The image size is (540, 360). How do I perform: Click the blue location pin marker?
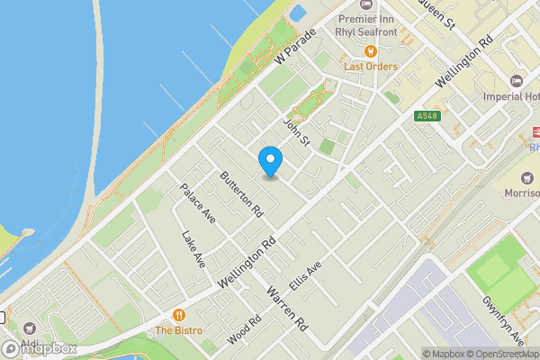270,161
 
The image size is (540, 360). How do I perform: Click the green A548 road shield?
427,116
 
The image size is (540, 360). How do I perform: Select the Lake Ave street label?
193,249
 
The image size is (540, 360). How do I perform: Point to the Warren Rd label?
288,307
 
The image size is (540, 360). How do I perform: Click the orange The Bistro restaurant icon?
179,315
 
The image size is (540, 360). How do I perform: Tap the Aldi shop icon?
30,328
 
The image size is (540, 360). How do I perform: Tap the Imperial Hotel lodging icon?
516,82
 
